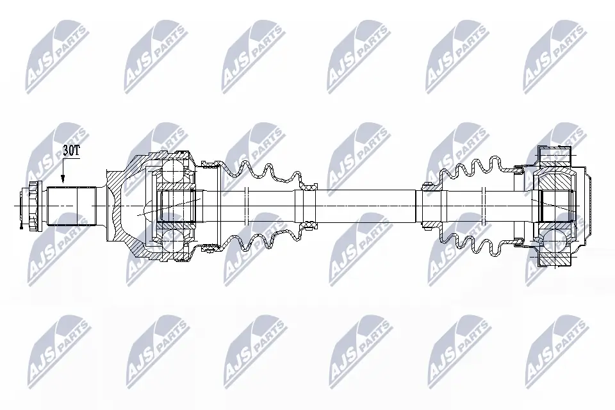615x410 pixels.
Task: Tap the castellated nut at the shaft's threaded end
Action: (31, 205)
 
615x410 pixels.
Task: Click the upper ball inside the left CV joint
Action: (173, 170)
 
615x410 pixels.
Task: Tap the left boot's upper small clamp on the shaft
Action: (309, 186)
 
